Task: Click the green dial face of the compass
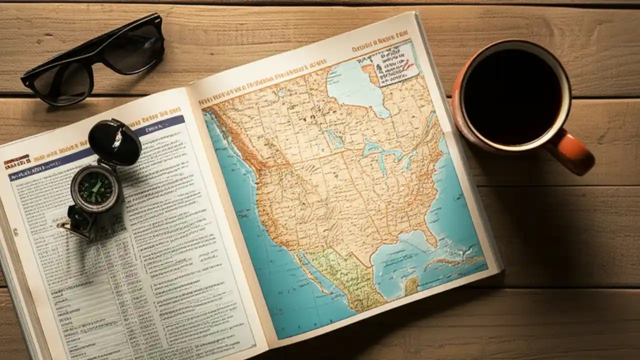tap(95, 188)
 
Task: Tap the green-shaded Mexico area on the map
tap(345, 275)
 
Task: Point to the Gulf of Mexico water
tap(400, 260)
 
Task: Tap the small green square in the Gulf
tap(411, 286)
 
